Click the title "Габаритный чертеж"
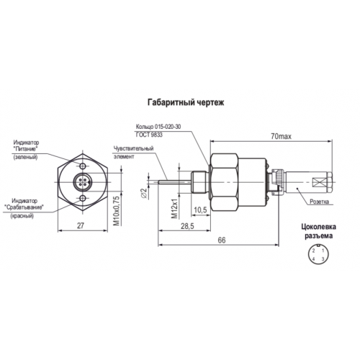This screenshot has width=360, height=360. tap(186, 102)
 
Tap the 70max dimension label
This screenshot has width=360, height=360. tap(281, 137)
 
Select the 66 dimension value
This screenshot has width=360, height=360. tap(222, 240)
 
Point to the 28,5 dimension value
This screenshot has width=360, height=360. tap(187, 226)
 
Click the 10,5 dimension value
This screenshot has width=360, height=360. tap(200, 210)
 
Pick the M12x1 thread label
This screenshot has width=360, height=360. tap(175, 208)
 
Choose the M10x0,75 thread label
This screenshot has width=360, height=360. tap(117, 211)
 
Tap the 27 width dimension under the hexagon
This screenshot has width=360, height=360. tap(81, 225)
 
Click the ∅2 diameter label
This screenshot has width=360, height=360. tap(143, 193)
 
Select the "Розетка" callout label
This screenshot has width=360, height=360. tap(319, 202)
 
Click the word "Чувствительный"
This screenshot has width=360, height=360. tap(133, 148)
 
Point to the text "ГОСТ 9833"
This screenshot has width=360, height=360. tap(149, 135)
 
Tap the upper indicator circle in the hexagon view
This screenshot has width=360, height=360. tap(83, 166)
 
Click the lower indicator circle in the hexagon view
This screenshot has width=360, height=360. tap(83, 198)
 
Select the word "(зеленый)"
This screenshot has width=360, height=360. tap(25, 158)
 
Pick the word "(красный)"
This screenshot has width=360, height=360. tap(22, 216)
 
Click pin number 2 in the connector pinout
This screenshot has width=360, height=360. tap(313, 251)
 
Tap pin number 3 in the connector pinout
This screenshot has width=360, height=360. tap(323, 259)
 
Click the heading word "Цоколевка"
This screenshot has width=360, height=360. tap(319, 227)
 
